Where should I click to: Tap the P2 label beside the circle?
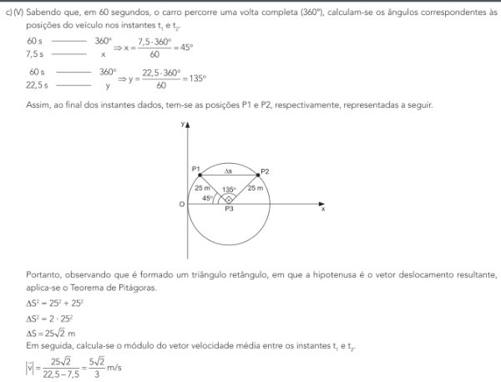coord(264,171)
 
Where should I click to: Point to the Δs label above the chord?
coord(229,171)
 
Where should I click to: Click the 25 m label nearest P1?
coord(202,188)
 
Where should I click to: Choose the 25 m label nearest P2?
coord(256,188)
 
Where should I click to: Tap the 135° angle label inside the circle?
coord(229,189)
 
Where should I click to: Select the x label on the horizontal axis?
coord(322,209)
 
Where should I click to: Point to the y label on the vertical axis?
coord(181,123)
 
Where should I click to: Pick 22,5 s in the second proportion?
coord(37,84)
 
